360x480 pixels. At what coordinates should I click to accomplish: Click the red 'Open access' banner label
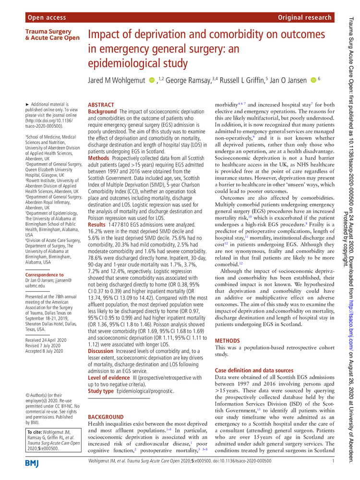(x=47, y=18)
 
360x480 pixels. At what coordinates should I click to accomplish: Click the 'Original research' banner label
(x=304, y=18)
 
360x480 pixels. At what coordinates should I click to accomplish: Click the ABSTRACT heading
(x=101, y=105)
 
